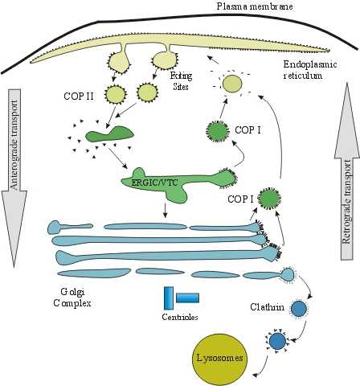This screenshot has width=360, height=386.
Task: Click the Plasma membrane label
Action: [254, 6]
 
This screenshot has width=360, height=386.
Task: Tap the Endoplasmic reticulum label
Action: [310, 69]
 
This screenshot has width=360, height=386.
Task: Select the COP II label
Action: [79, 96]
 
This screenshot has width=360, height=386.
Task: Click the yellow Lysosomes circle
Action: [220, 358]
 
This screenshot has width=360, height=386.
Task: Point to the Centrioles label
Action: [180, 317]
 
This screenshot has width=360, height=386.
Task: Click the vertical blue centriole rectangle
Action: [169, 298]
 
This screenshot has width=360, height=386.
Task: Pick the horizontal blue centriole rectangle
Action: [187, 298]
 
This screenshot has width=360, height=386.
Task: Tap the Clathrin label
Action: [267, 306]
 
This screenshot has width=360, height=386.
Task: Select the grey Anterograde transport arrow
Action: [14, 178]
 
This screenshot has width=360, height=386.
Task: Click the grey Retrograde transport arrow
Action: [346, 171]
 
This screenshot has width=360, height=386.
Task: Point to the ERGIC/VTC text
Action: [153, 183]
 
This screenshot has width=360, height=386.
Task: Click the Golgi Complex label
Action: [72, 297]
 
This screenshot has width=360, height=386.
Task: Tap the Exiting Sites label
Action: [182, 80]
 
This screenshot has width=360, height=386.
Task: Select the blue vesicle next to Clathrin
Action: [299, 309]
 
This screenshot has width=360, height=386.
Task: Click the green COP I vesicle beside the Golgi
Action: [269, 199]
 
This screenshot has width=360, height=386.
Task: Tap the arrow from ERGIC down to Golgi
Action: [165, 211]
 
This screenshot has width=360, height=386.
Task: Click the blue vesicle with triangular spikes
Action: [278, 341]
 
